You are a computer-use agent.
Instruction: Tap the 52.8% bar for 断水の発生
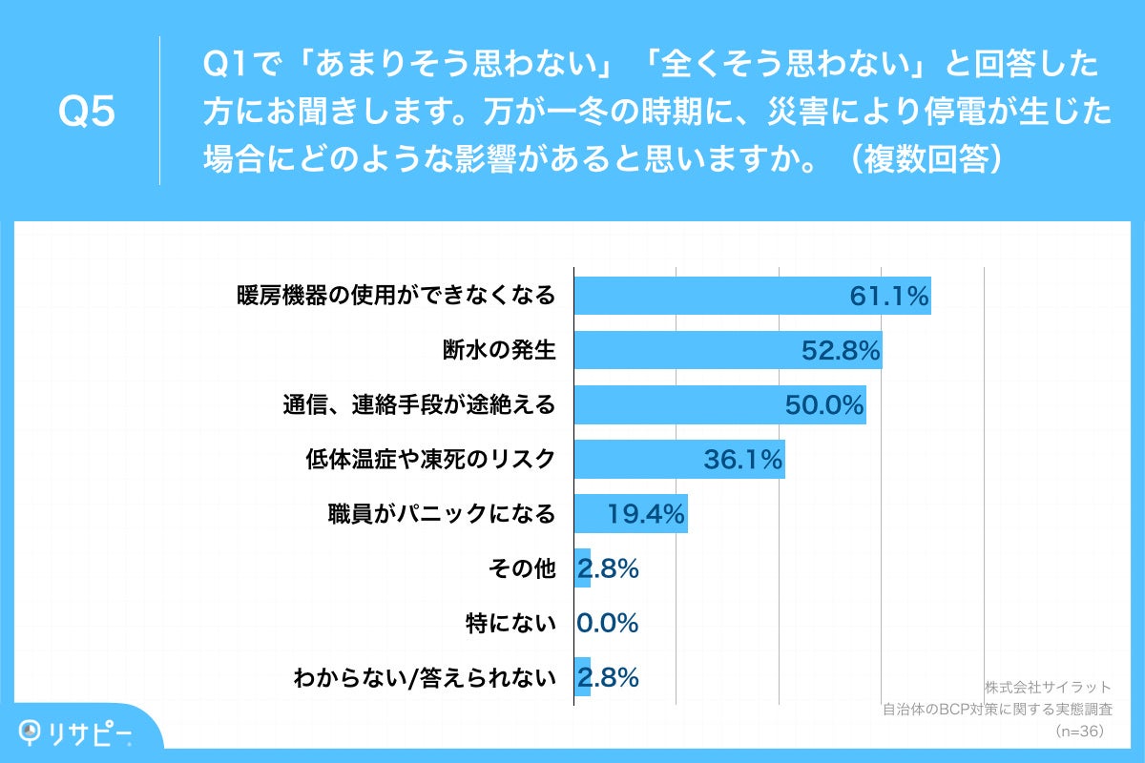(x=687, y=351)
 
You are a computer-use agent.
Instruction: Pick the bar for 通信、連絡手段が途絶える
(x=677, y=405)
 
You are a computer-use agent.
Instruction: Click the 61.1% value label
(x=889, y=297)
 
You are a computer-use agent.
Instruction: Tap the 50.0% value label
(x=824, y=406)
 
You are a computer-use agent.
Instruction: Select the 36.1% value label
(x=743, y=461)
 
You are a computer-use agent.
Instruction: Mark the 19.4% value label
(x=646, y=515)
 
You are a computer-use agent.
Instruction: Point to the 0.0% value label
(x=608, y=624)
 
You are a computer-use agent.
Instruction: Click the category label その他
(x=521, y=569)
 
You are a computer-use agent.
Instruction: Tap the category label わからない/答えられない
(x=425, y=678)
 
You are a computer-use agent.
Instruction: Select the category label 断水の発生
(x=499, y=351)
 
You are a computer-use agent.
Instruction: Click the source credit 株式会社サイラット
(x=1048, y=687)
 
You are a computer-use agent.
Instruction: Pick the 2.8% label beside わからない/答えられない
(x=608, y=678)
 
